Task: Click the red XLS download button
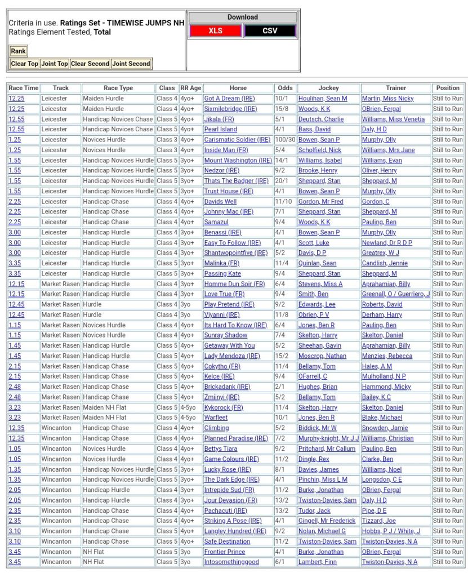point(216,31)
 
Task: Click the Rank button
point(18,51)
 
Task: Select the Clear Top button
point(25,64)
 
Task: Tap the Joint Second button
point(131,64)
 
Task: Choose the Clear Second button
point(90,64)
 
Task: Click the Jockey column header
point(329,88)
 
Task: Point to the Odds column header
point(286,88)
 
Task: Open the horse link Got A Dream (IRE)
point(229,99)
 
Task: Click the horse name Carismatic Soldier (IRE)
point(237,140)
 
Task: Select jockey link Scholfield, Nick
point(320,150)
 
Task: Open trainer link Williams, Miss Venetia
point(393,119)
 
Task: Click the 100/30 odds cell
point(284,140)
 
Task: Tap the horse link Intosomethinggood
point(231,562)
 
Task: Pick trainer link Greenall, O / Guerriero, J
point(396,294)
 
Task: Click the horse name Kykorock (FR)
point(224,407)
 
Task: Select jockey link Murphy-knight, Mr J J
point(328,438)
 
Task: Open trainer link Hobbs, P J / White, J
point(391,531)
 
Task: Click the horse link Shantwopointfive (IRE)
point(236,253)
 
